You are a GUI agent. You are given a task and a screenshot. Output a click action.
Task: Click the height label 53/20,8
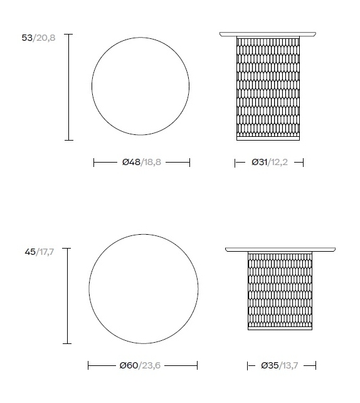point(38,38)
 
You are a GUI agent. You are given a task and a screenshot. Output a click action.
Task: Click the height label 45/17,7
point(40,252)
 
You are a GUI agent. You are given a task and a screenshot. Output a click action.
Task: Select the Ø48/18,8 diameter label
point(142,162)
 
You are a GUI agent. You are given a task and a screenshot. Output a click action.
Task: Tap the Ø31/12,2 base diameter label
point(270,162)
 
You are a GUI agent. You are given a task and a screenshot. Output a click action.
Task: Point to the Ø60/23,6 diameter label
point(140,365)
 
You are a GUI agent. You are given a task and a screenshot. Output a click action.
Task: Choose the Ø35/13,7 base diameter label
point(279,365)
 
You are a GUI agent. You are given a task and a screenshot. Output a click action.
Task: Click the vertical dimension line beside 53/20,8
point(68,87)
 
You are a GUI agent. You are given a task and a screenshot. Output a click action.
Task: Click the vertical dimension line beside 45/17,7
point(67,296)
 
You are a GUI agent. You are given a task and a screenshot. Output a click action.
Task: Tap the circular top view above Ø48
point(140,38)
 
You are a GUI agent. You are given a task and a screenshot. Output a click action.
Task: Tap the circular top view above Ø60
point(144,234)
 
